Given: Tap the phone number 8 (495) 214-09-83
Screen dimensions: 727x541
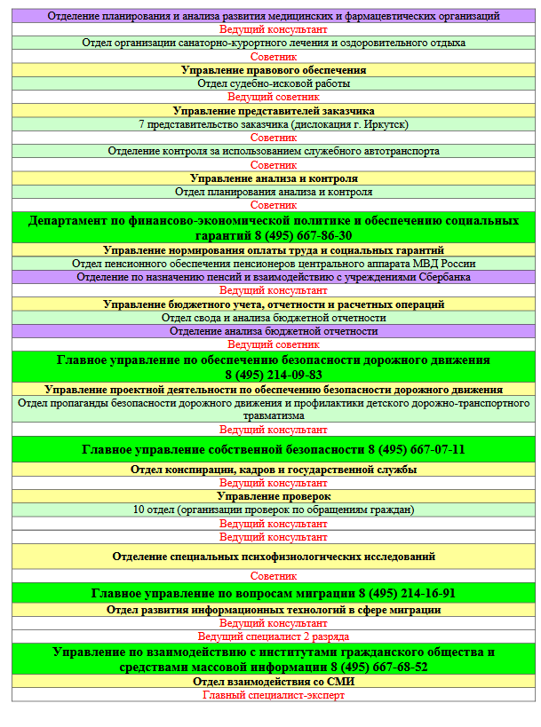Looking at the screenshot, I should (x=274, y=375).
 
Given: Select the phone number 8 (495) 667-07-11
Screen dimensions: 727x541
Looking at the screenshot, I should (x=416, y=449).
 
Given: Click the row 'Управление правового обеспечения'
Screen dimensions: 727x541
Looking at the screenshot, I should (x=274, y=69).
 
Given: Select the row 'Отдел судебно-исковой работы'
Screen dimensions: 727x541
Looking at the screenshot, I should (x=274, y=83).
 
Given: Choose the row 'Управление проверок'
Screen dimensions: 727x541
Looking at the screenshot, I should (x=274, y=496).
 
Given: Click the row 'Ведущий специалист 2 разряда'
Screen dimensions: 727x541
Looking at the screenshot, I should (x=274, y=636).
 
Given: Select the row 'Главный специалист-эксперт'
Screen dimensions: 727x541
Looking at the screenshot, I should (x=274, y=695).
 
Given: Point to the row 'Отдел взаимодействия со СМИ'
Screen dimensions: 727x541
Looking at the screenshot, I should (x=274, y=681).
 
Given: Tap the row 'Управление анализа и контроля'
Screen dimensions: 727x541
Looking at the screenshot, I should (x=274, y=178).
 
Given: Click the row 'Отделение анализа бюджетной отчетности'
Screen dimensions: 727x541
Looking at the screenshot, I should (x=274, y=331).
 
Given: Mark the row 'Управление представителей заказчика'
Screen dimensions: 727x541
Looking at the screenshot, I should (x=274, y=111).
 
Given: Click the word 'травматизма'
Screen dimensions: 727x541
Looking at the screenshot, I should (x=274, y=415).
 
